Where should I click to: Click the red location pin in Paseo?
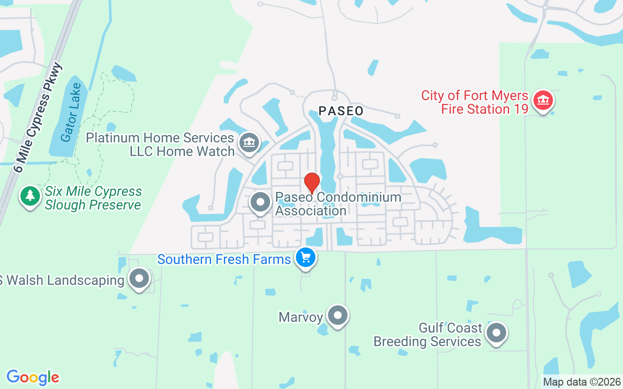point(311,182)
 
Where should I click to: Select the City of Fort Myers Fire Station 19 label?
point(475,102)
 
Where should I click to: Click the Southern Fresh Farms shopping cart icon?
point(306,257)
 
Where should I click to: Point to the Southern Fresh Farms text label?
point(224,260)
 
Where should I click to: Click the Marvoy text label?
point(301,318)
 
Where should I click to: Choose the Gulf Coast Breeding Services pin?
point(496,334)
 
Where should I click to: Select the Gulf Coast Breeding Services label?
point(427,335)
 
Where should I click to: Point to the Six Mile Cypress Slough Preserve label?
point(93,198)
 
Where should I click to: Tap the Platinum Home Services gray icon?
point(249,143)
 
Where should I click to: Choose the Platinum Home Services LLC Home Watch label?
point(161,145)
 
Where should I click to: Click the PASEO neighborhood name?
point(341,111)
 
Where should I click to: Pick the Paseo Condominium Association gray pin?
point(260,202)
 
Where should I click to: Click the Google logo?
point(33,377)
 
